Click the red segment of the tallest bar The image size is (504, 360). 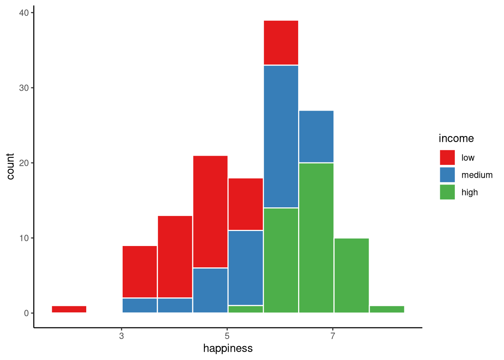click(281, 43)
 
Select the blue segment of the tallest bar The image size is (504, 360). click(281, 136)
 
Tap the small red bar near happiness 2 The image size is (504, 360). click(69, 309)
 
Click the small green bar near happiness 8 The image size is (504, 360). click(387, 309)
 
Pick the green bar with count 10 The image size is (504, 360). click(351, 275)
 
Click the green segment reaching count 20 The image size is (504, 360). click(316, 238)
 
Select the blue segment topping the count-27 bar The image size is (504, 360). click(316, 136)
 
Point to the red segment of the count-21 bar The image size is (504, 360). click(210, 211)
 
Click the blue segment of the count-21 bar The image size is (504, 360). click(210, 290)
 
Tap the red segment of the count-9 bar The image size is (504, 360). click(139, 271)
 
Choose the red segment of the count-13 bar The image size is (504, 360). click(175, 256)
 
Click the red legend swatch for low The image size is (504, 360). click(447, 157)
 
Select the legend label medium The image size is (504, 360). click(477, 175)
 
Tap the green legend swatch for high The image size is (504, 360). click(447, 192)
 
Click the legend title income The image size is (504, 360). click(456, 138)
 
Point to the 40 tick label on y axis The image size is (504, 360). click(24, 13)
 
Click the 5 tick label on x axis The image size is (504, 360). click(227, 336)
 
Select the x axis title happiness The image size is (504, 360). click(228, 348)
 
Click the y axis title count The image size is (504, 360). click(10, 166)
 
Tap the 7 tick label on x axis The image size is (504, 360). click(332, 336)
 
